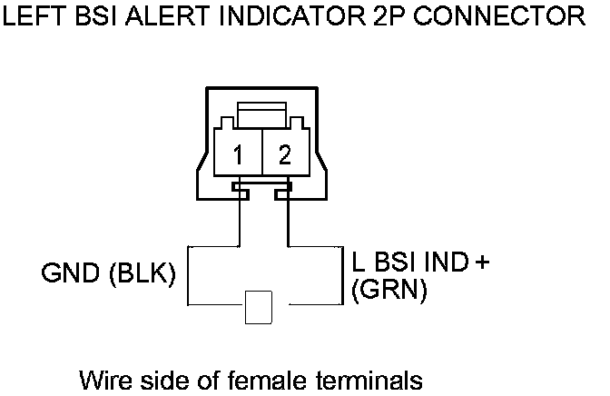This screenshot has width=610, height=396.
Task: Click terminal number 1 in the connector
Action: point(237,155)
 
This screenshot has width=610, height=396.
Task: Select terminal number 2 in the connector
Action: point(285,155)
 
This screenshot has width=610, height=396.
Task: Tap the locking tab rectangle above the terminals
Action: point(261,115)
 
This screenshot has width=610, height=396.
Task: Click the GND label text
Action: point(72,273)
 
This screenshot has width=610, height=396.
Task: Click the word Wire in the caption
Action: point(103,378)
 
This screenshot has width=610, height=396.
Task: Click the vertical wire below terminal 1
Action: point(239,218)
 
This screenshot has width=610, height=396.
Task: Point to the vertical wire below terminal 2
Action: point(287,218)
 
